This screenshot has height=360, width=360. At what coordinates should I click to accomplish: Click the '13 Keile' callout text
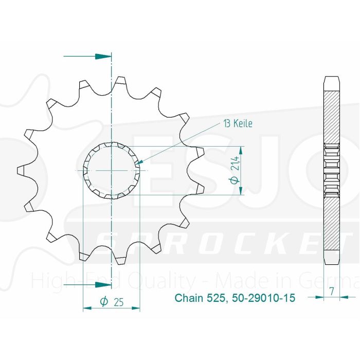click(238, 123)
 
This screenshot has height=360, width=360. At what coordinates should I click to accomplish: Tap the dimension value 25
click(119, 302)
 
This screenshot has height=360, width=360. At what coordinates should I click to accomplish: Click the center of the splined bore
click(112, 170)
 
